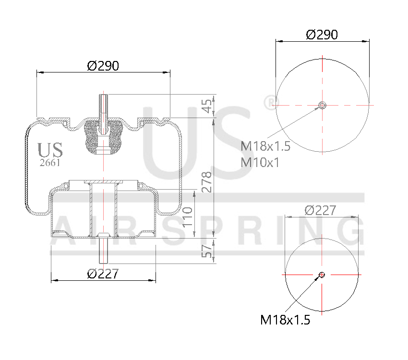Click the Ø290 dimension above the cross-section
103,66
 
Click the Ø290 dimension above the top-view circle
322,35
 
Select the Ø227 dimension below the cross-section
103,274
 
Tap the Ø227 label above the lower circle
320,210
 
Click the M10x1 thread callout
260,162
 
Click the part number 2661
50,163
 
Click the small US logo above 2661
50,150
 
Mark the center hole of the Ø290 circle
322,105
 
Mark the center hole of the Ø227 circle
322,275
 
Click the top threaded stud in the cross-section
103,108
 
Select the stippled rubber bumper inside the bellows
103,137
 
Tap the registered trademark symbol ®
271,101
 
